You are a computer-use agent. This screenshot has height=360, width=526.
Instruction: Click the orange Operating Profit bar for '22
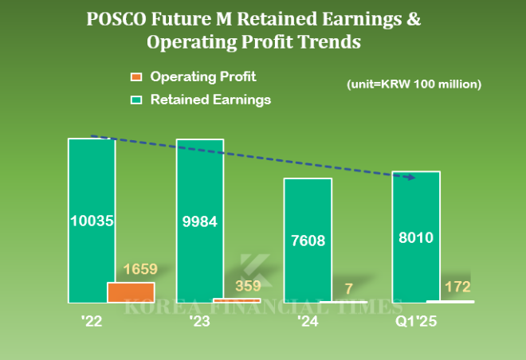click(x=131, y=292)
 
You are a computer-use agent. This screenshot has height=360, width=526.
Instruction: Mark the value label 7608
click(x=308, y=240)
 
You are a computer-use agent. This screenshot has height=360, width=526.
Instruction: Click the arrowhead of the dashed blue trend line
click(x=412, y=177)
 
